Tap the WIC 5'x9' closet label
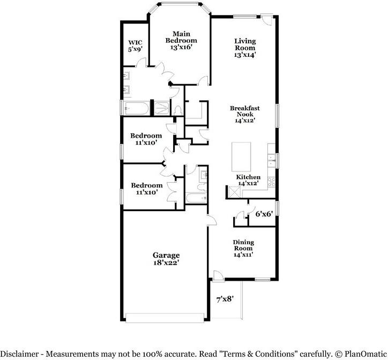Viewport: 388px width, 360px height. click(135, 46)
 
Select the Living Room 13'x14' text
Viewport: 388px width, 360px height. click(245, 48)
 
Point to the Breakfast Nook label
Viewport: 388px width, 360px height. click(245, 111)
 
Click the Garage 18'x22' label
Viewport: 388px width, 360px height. click(166, 259)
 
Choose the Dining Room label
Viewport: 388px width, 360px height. click(243, 245)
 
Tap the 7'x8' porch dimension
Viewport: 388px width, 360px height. click(225, 299)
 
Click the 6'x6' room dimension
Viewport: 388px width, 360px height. click(264, 214)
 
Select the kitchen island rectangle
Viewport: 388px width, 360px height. click(241, 156)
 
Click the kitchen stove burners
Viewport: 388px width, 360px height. click(272, 182)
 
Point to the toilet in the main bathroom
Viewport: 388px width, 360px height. click(178, 110)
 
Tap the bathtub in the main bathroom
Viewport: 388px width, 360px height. click(136, 108)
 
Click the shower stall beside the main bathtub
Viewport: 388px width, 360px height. click(162, 108)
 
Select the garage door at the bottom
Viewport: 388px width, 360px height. click(165, 318)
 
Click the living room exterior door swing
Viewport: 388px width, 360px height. click(267, 20)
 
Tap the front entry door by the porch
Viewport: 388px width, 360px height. click(218, 275)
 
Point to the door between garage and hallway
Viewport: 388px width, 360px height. click(212, 220)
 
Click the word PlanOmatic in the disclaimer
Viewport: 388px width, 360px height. click(366, 354)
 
